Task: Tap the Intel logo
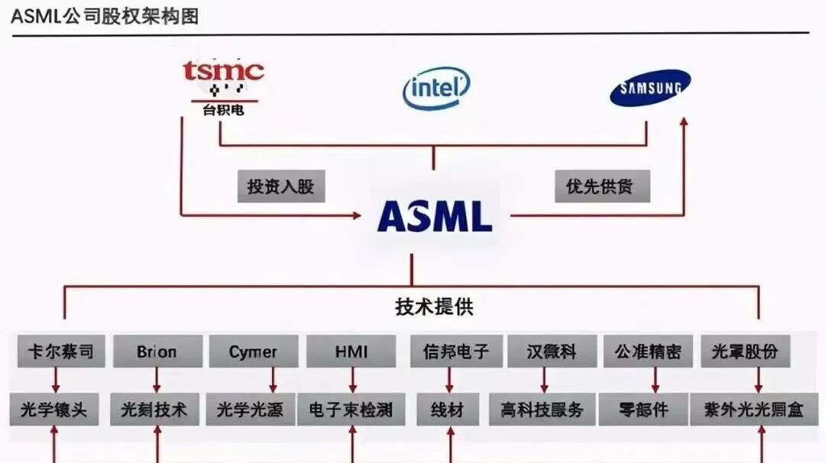click(x=435, y=89)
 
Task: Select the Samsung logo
click(x=650, y=88)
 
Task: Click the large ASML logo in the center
click(x=435, y=215)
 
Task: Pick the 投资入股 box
click(x=280, y=186)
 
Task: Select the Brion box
click(x=157, y=351)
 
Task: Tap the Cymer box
click(x=253, y=351)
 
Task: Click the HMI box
click(x=351, y=351)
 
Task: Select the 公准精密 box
click(x=648, y=351)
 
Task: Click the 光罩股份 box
click(x=745, y=351)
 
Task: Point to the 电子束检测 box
click(x=351, y=410)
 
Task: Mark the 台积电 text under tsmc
click(x=223, y=110)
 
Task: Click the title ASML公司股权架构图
click(x=105, y=15)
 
